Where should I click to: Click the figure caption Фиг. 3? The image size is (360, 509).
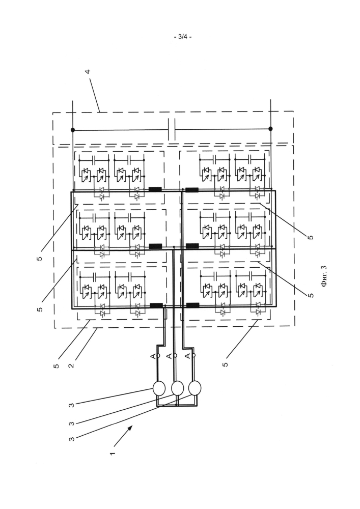coord(324,276)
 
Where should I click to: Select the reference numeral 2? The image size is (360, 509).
coord(71,365)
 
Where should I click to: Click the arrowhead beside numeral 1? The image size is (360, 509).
coord(130,428)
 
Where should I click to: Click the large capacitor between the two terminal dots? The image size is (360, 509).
coord(172,129)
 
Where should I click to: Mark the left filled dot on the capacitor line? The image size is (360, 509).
coord(73,130)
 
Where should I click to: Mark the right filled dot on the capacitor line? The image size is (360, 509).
coord(271,129)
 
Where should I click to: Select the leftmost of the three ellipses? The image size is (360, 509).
coord(159,388)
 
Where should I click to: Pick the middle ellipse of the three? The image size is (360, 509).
coord(177,388)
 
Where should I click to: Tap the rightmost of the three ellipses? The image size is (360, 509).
coord(195,388)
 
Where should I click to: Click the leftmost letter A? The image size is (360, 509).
coord(153,356)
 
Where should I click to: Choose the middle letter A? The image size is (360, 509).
coord(169,356)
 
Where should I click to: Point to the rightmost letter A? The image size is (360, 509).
coord(187,356)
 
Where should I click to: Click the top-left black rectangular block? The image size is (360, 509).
coord(155,189)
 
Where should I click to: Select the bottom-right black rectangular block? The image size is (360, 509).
coord(192,305)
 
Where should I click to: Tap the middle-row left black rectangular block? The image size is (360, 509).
coord(155,246)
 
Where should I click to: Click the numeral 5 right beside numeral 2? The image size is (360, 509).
coord(57,366)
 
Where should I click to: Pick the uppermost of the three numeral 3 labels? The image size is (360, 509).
coord(71,405)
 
